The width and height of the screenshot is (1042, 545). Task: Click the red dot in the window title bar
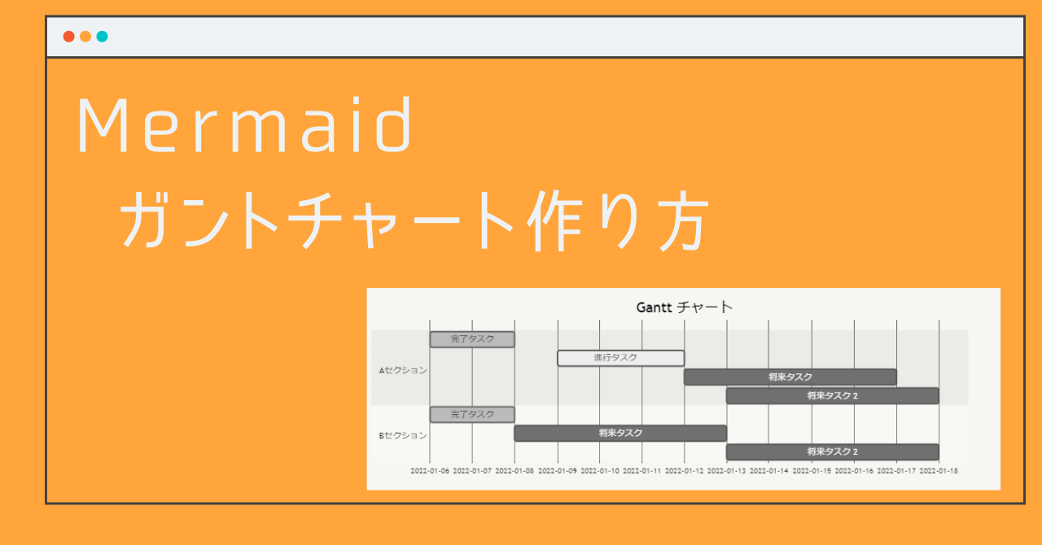tap(69, 37)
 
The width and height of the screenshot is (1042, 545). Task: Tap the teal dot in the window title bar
tap(102, 37)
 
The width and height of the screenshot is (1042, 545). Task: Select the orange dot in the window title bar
tap(85, 37)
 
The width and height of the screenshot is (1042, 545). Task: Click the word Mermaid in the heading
tap(244, 126)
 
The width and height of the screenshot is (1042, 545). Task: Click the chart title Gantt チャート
tap(684, 307)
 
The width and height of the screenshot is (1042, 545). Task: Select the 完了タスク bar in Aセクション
tap(472, 339)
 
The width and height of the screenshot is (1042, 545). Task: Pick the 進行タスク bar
tap(620, 358)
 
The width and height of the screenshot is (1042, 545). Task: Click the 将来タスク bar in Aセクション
tap(790, 377)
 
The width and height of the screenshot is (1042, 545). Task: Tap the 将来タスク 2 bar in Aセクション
tap(832, 395)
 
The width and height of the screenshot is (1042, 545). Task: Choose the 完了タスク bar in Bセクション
tap(472, 414)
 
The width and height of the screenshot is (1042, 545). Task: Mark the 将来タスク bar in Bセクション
tap(620, 433)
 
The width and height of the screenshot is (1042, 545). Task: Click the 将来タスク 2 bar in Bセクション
tap(832, 451)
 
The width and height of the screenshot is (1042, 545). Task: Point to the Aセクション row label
tap(402, 370)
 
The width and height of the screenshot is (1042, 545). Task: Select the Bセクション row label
tap(402, 435)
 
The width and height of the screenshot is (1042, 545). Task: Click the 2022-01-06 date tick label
tap(430, 470)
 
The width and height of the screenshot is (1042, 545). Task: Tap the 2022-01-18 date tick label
tap(939, 470)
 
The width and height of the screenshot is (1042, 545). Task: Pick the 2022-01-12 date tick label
tap(684, 470)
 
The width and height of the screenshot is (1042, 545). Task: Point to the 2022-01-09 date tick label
tap(557, 470)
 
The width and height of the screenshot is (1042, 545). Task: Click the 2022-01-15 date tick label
tap(812, 470)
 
